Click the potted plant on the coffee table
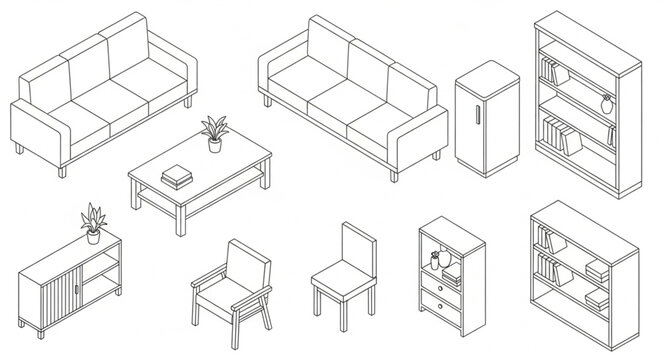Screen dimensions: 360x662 click(213, 134)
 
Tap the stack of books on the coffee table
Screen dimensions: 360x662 click(177, 175)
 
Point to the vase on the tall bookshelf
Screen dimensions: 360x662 click(605, 102)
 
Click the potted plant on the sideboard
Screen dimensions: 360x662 click(94, 224)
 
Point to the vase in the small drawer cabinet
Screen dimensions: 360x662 click(435, 261)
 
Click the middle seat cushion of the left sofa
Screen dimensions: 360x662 click(110, 101)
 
